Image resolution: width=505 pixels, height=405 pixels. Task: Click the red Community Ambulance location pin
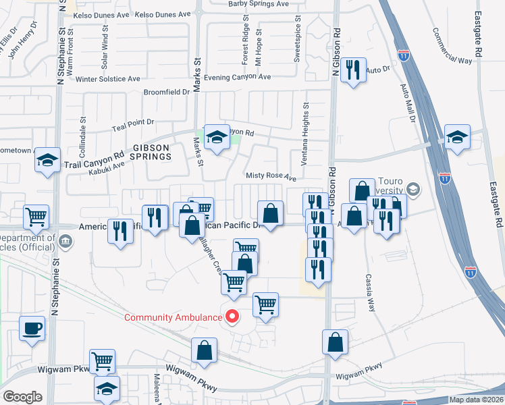(x=233, y=315)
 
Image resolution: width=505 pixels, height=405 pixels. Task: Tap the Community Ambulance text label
(x=173, y=317)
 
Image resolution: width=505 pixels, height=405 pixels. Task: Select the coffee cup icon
(x=32, y=329)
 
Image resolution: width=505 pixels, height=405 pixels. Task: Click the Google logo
(x=22, y=396)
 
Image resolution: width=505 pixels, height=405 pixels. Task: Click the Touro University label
(x=391, y=186)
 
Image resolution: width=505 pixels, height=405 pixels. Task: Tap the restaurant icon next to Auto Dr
(x=352, y=70)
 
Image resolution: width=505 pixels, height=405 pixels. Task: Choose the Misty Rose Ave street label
(x=271, y=177)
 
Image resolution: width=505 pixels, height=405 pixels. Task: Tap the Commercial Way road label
(x=452, y=46)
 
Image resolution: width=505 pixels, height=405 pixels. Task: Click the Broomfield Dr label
(x=166, y=92)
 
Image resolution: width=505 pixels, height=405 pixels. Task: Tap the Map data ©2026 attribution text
(x=476, y=400)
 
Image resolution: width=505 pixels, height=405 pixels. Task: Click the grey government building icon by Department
(x=66, y=240)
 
